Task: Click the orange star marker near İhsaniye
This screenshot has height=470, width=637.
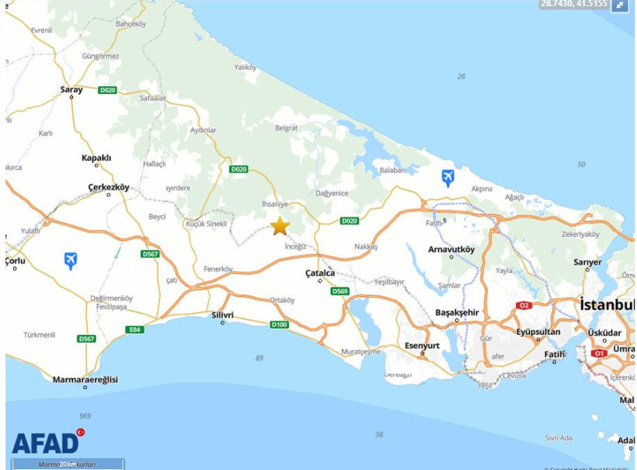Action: pos(280,226)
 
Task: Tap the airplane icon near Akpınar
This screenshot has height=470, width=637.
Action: pos(447,178)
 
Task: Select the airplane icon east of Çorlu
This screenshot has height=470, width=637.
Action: pos(71,260)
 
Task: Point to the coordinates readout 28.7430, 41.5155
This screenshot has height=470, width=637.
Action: pos(574,5)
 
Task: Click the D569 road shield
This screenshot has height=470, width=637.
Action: pos(339,291)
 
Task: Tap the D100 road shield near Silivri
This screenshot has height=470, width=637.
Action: pos(279,324)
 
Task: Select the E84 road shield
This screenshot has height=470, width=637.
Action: pos(134,329)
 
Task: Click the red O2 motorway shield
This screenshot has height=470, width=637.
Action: pos(524,305)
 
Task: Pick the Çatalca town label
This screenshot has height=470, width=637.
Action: pos(319,273)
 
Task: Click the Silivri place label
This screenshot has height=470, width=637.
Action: pos(222,315)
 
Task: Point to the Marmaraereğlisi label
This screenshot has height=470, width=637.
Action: pos(85,379)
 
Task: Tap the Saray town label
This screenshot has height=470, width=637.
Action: pos(71,90)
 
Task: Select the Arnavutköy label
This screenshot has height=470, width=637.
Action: pos(451,249)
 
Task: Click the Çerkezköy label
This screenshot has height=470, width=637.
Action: pos(108,187)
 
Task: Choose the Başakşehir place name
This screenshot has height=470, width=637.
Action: pos(457,312)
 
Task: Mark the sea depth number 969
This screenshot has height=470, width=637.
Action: pos(85,416)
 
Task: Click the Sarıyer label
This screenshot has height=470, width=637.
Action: pos(587,262)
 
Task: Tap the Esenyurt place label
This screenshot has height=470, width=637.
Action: pos(422,346)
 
